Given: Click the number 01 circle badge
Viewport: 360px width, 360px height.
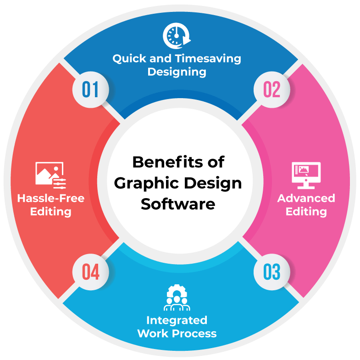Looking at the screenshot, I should point(90,89).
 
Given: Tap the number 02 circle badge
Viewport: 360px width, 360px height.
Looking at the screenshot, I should point(271,89).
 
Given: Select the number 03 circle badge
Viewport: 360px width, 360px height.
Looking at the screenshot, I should point(271,271).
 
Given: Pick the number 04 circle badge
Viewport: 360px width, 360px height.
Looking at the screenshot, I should point(90,271).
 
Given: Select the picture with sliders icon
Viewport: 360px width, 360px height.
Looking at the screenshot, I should point(50,175).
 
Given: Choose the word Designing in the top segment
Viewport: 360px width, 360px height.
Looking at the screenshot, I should point(177,72).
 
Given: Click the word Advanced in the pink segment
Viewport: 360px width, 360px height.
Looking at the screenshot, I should point(306,198).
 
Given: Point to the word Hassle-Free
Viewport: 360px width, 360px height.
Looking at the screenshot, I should point(50,198).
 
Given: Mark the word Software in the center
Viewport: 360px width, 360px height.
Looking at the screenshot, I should point(178,203).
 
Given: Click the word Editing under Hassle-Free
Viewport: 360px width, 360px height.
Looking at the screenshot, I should point(50,211).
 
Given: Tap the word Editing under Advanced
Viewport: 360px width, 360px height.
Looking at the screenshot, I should point(306,211).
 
